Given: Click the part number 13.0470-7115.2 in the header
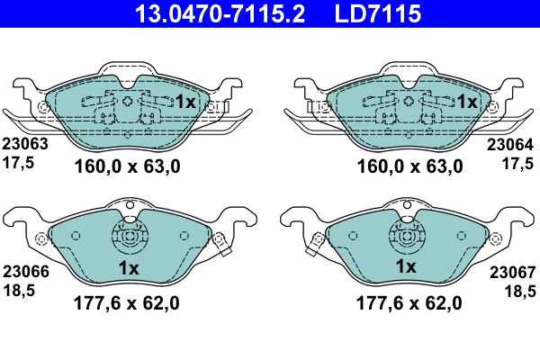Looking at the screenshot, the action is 220,13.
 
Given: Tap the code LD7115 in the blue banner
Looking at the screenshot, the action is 377,13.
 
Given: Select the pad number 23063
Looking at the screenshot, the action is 25,144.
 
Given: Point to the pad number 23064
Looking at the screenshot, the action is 509,145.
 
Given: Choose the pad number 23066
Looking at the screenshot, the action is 26,272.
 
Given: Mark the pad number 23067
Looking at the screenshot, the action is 512,273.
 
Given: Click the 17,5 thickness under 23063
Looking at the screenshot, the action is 18,163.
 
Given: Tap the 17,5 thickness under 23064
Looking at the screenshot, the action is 517,163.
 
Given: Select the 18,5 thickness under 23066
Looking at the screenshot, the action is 19,291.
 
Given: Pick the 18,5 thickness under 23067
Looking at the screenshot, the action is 520,292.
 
